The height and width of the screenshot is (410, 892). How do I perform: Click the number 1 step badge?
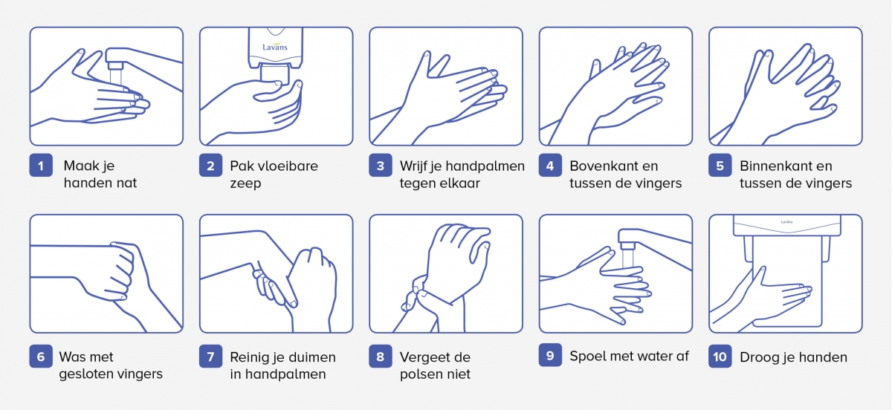pos(41,165)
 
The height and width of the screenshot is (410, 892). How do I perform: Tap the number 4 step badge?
pos(550,165)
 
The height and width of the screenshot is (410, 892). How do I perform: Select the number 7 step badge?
pos(210,357)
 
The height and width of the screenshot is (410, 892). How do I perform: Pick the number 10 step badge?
pos(720,357)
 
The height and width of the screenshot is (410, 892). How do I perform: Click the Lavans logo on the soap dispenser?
pos(275,47)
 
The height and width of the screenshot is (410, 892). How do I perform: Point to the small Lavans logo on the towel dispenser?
pos(786,221)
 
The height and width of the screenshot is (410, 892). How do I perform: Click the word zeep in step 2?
pos(245,183)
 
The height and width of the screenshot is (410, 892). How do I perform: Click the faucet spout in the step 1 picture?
pos(115,65)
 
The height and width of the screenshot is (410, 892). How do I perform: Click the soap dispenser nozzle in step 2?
pos(274,75)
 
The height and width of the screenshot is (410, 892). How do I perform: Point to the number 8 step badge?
pos(381,357)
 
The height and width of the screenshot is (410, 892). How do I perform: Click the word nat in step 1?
pos(127,183)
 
